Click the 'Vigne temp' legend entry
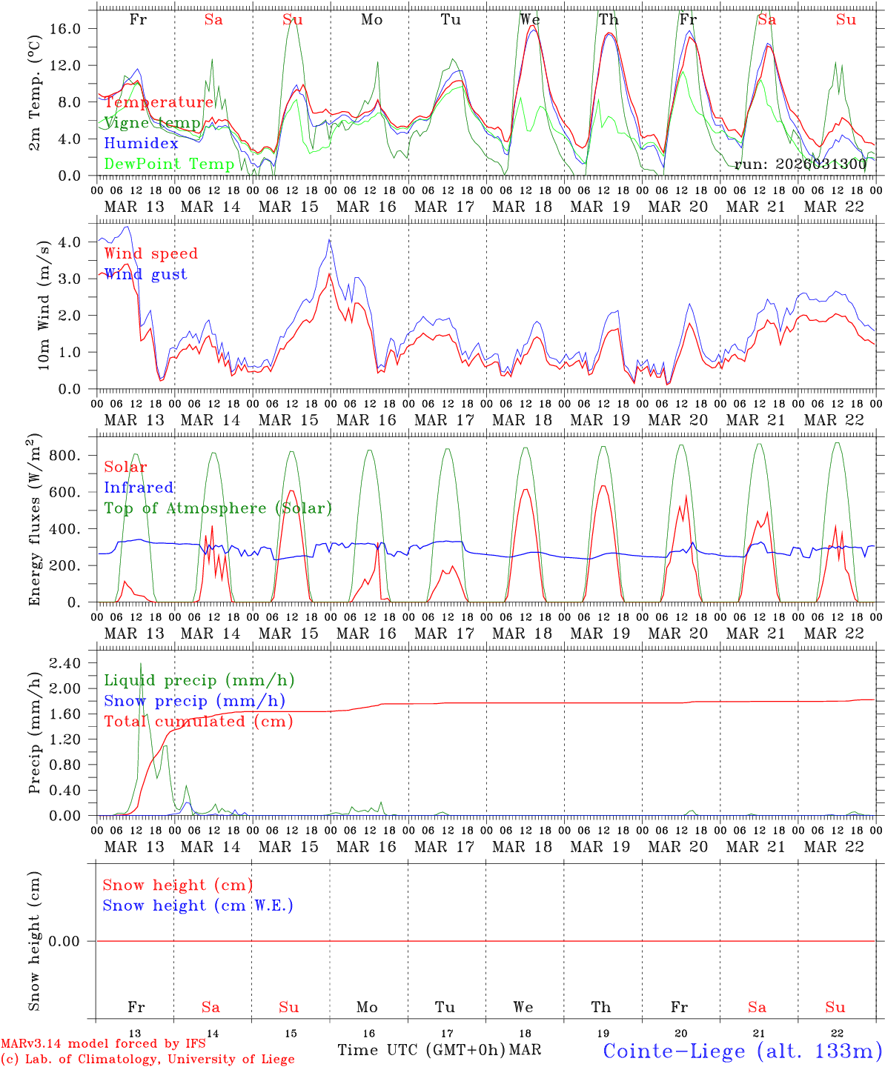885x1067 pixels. (152, 123)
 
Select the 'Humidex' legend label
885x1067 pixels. (141, 144)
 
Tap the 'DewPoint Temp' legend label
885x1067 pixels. (169, 164)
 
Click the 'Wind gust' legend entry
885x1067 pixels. (145, 275)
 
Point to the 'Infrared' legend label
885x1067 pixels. (139, 488)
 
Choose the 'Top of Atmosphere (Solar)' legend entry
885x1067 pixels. (217, 508)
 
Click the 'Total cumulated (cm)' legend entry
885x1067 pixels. (198, 722)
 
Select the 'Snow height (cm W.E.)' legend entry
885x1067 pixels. (197, 905)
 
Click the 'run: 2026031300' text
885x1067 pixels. (800, 164)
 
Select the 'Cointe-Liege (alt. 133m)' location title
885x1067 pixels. (742, 1051)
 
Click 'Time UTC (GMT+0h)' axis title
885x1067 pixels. (421, 1050)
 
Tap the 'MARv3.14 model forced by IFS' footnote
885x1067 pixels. (103, 1044)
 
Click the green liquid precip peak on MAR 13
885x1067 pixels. (141, 663)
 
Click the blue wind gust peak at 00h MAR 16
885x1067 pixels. (330, 239)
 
